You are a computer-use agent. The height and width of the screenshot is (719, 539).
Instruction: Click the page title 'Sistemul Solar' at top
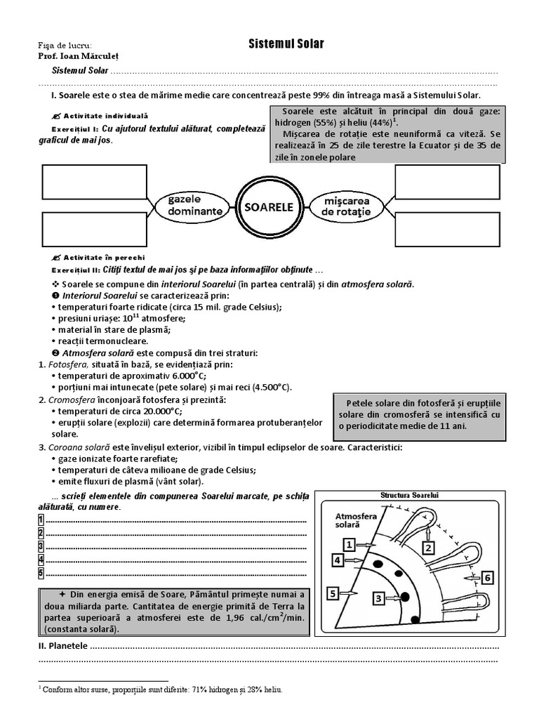tap(286, 44)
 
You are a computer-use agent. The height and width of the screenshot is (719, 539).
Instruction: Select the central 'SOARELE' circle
tap(268, 207)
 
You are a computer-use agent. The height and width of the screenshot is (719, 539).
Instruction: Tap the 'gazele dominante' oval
tap(195, 205)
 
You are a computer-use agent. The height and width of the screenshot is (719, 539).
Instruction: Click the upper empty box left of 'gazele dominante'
tap(95, 183)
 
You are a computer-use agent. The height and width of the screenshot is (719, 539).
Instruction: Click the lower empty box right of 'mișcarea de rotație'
tap(447, 229)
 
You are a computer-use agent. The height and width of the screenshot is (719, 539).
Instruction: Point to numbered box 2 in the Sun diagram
tap(427, 546)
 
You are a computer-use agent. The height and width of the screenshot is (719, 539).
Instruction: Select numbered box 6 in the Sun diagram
tap(488, 577)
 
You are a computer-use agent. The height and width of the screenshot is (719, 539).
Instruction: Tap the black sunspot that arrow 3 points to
tap(404, 597)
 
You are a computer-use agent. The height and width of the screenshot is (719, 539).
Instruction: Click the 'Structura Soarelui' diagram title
tap(409, 495)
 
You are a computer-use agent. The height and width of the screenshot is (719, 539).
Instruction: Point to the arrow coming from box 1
tap(367, 544)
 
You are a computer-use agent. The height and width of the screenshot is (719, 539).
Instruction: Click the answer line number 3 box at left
tap(41, 546)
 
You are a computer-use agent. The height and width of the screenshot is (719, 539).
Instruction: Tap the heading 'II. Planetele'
tap(62, 646)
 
